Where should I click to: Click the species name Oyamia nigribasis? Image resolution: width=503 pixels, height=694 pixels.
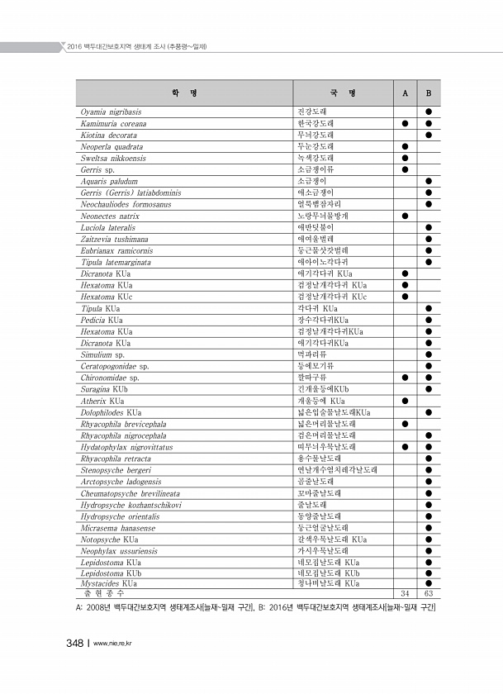click(112, 111)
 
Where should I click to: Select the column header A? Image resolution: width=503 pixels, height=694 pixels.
click(405, 93)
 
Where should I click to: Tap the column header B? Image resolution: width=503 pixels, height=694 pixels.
click(429, 93)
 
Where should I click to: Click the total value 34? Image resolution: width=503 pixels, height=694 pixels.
click(405, 593)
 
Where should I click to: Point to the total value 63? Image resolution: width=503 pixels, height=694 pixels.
click(429, 593)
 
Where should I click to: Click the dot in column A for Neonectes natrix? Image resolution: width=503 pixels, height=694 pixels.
click(405, 215)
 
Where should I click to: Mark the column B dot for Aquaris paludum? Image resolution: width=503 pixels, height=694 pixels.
click(429, 180)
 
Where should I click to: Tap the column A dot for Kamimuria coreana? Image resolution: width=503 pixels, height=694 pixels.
click(405, 122)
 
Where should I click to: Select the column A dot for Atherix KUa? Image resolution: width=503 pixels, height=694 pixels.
click(405, 400)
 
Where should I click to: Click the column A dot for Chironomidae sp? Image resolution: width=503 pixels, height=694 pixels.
click(405, 377)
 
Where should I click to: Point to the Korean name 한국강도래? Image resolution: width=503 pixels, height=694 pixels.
click(316, 122)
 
